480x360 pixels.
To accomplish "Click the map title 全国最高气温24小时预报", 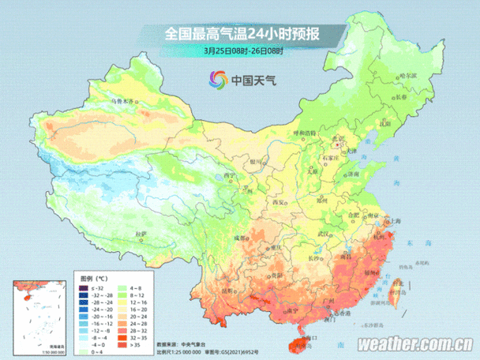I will pos(242,35).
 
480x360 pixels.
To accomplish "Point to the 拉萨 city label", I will pos(141,234).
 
